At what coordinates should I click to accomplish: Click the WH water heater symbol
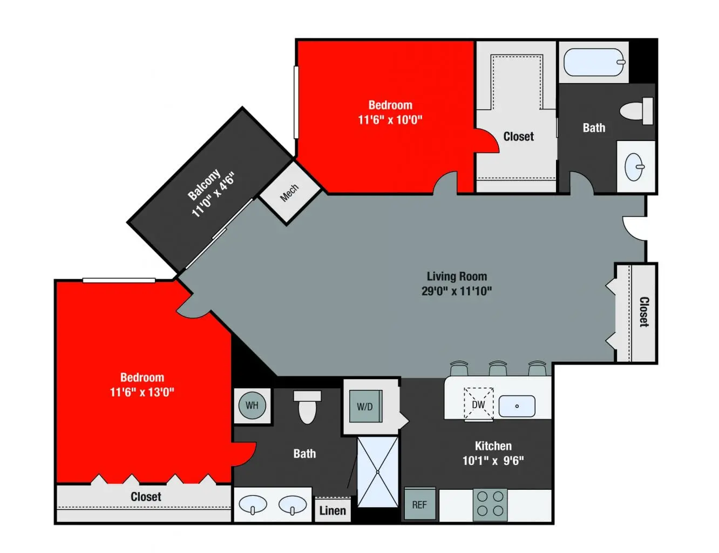[x=252, y=406]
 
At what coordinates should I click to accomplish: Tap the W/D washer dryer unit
[x=364, y=407]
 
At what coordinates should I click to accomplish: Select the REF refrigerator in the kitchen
[x=419, y=504]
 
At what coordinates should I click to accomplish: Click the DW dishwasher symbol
[x=478, y=404]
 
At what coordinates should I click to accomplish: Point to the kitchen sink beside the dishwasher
[x=517, y=406]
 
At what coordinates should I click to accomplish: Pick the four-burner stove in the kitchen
[x=490, y=504]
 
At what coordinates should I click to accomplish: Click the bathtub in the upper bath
[x=594, y=63]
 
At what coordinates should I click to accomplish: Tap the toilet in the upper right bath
[x=637, y=111]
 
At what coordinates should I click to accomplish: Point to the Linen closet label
[x=333, y=510]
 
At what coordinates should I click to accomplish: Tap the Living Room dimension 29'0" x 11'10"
[x=457, y=291]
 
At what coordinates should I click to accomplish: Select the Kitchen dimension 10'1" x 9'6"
[x=493, y=461]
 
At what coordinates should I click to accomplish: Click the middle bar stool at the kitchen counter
[x=498, y=369]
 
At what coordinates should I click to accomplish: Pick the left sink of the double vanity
[x=253, y=505]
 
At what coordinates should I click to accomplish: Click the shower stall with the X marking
[x=378, y=472]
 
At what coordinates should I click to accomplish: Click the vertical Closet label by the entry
[x=644, y=312]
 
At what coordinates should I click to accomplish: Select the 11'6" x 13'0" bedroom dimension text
[x=142, y=392]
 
